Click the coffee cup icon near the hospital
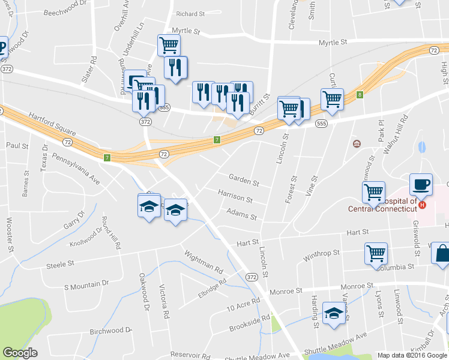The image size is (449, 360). tap(421, 185)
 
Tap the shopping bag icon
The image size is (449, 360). tap(442, 254)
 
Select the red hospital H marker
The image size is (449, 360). tap(422, 205)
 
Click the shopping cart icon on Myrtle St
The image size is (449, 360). tap(169, 44)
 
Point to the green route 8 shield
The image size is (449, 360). tap(360, 94)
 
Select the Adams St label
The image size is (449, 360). tap(242, 213)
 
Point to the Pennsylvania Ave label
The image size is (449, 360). tap(76, 168)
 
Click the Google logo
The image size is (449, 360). tap(20, 353)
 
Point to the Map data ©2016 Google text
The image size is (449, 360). tap(412, 355)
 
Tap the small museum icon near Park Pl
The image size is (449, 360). tap(357, 143)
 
